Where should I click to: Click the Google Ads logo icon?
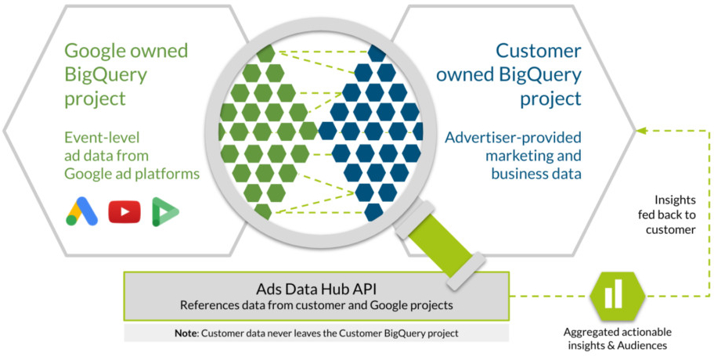[81, 211]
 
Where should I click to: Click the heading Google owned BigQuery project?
[126, 75]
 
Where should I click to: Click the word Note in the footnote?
[186, 333]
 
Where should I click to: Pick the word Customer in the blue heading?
[539, 51]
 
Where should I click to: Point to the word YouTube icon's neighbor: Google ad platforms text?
[132, 172]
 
